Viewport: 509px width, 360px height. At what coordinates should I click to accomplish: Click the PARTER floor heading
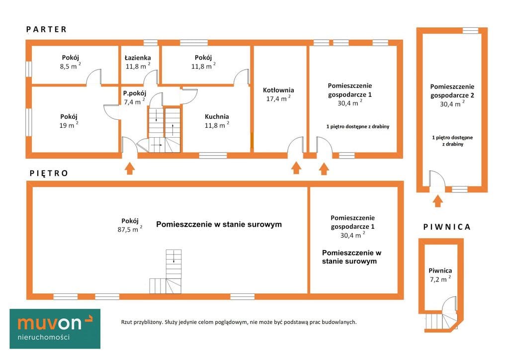(x=46, y=29)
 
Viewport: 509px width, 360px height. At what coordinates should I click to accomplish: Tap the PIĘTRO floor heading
(x=49, y=174)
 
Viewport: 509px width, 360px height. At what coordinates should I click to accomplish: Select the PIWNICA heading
(x=447, y=227)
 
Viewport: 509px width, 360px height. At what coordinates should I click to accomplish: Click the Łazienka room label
(x=138, y=58)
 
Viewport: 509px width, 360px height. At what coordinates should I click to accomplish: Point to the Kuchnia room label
(x=217, y=116)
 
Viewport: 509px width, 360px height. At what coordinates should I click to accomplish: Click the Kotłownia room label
(x=278, y=90)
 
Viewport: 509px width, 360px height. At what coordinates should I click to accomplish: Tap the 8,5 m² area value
(x=70, y=66)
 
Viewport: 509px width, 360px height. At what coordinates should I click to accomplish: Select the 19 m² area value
(x=69, y=125)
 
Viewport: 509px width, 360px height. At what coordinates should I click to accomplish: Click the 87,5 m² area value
(x=130, y=229)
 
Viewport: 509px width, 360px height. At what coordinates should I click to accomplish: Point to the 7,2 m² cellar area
(x=440, y=279)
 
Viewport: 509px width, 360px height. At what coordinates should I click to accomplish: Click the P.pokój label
(x=134, y=93)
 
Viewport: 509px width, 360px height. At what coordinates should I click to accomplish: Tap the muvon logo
(x=55, y=329)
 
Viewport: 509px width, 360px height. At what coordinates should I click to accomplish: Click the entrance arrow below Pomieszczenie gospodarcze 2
(x=438, y=200)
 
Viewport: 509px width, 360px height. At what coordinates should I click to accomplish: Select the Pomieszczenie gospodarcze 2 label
(x=452, y=91)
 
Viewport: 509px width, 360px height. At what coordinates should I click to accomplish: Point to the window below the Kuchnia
(x=213, y=156)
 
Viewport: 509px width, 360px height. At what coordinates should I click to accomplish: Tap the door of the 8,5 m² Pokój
(x=94, y=77)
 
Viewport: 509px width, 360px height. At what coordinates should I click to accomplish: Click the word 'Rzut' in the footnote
(x=127, y=322)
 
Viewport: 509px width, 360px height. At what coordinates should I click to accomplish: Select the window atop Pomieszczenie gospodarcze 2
(x=470, y=30)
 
